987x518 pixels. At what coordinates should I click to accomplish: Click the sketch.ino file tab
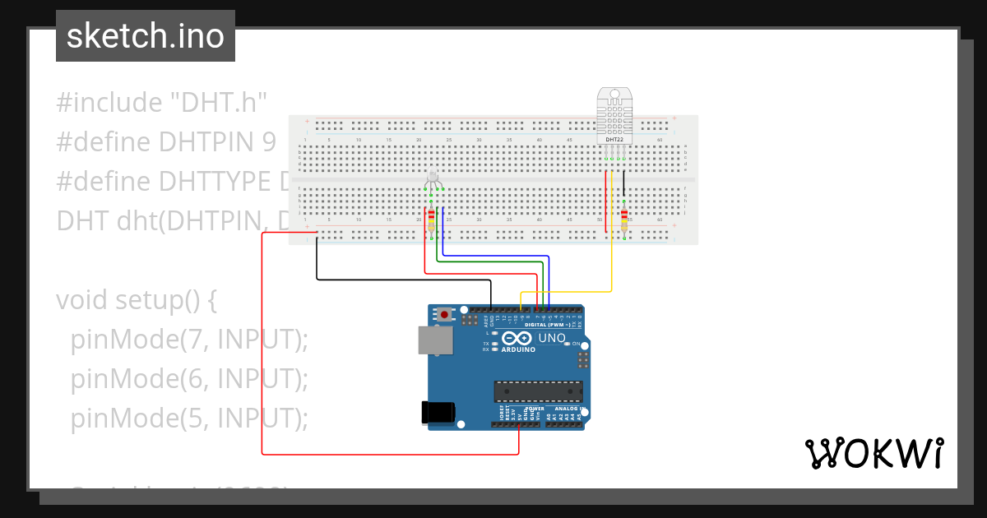pos(146,36)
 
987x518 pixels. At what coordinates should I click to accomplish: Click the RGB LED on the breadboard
pos(433,179)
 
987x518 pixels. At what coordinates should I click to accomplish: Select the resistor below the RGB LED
pos(431,219)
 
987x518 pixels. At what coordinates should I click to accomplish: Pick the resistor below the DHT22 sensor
pos(624,220)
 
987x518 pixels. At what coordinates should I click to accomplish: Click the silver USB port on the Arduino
pos(435,340)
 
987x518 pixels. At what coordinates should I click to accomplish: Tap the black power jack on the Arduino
pos(437,412)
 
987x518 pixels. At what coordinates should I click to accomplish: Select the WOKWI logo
pos(873,454)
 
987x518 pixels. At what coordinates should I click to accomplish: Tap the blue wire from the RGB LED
pos(493,256)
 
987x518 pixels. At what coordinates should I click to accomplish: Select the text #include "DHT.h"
pos(162,103)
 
